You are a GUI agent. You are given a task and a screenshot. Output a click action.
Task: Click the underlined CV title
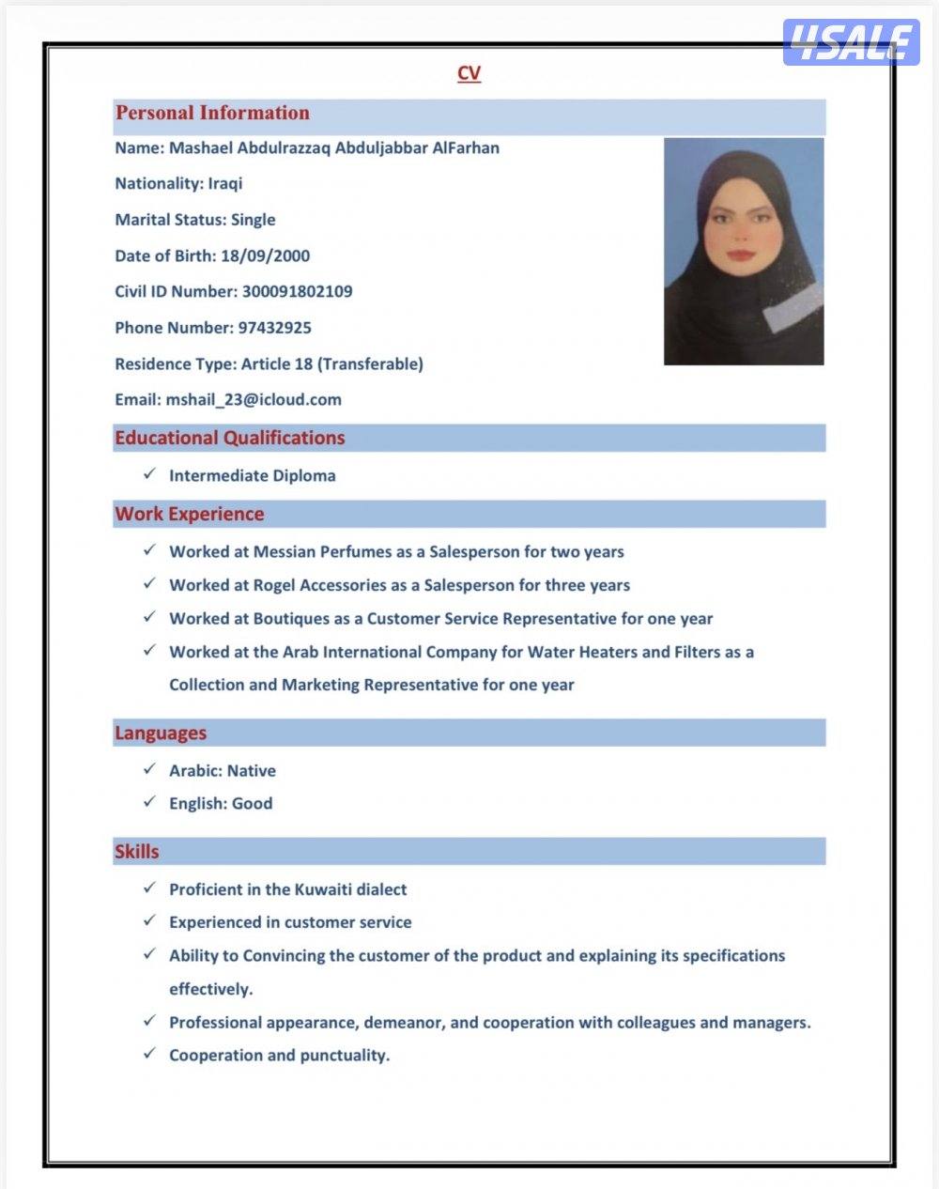(469, 73)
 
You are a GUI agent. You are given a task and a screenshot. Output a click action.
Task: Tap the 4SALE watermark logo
(851, 42)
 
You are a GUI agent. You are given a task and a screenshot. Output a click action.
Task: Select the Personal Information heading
(212, 113)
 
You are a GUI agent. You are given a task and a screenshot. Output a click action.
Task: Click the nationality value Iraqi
(225, 184)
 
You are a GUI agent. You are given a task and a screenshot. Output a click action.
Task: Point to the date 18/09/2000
(265, 255)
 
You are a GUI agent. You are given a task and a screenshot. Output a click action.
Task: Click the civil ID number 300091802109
(297, 291)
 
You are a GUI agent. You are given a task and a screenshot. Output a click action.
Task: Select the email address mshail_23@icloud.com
(254, 400)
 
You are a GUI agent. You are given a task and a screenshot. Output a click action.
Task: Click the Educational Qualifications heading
(230, 438)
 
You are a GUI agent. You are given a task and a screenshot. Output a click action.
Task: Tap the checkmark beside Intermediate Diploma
(149, 474)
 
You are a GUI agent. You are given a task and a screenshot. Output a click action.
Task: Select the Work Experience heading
(190, 514)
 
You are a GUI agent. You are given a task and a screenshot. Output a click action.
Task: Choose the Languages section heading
(161, 733)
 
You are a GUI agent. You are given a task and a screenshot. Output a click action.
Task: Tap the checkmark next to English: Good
(149, 802)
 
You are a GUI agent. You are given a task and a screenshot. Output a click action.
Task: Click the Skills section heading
(137, 852)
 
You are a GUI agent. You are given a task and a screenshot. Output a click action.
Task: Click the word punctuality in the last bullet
(345, 1056)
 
